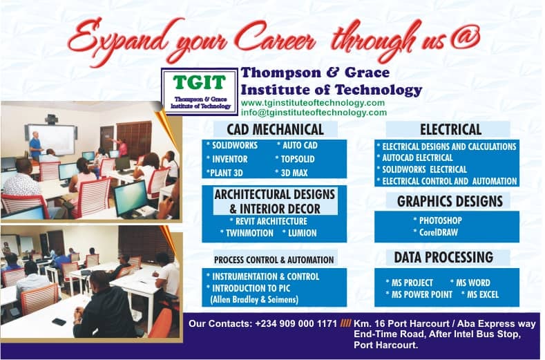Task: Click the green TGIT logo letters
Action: click(200, 82)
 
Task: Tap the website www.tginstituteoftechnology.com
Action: click(313, 103)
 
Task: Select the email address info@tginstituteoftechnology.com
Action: click(314, 113)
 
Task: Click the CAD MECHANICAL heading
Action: click(276, 129)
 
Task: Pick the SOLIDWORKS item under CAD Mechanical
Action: click(232, 145)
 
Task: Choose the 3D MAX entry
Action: click(291, 173)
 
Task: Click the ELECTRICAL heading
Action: click(451, 129)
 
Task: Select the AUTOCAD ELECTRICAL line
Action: click(414, 158)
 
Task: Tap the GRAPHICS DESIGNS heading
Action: click(450, 201)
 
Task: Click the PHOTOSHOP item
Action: click(438, 220)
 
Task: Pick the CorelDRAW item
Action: click(435, 232)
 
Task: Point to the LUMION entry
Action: click(300, 233)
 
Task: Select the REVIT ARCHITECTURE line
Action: click(269, 221)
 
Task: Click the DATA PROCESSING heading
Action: click(443, 258)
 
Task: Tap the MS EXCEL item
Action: click(480, 294)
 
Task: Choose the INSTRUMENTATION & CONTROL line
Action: click(262, 276)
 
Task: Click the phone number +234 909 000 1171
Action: click(296, 323)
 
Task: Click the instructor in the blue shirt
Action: click(35, 146)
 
